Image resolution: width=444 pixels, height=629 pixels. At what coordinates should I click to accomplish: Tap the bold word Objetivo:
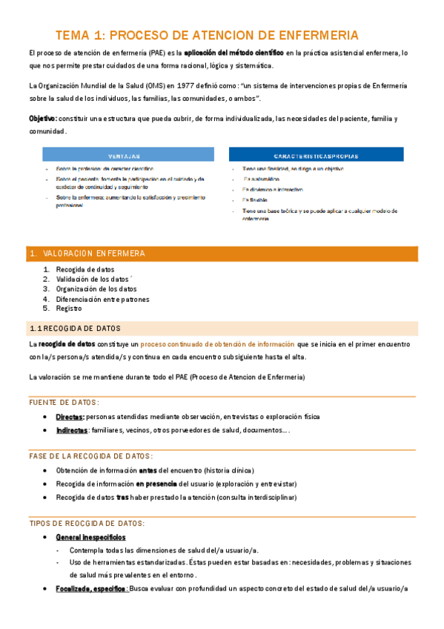(x=42, y=119)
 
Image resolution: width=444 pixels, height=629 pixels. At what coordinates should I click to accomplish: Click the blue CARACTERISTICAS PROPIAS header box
(x=317, y=156)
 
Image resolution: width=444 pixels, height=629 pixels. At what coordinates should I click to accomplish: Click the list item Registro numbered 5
(x=69, y=309)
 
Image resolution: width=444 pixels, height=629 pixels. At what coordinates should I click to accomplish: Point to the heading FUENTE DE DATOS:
(x=64, y=402)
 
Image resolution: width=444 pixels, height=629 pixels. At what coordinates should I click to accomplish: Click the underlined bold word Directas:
(x=70, y=417)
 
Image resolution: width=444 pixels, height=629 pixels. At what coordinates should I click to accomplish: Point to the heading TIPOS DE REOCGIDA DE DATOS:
(x=86, y=523)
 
